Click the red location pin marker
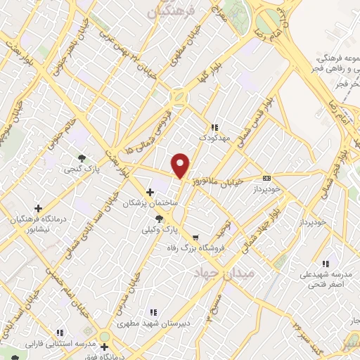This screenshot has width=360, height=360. point(181,165)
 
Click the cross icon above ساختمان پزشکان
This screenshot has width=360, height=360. point(150,191)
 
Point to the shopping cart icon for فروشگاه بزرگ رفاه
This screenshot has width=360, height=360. point(195,237)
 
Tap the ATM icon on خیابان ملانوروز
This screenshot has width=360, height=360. point(266,178)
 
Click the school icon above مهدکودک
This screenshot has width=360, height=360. point(214,127)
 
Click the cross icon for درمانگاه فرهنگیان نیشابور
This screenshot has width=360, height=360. point(38,207)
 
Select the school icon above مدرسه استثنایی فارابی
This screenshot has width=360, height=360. point(60,333)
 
